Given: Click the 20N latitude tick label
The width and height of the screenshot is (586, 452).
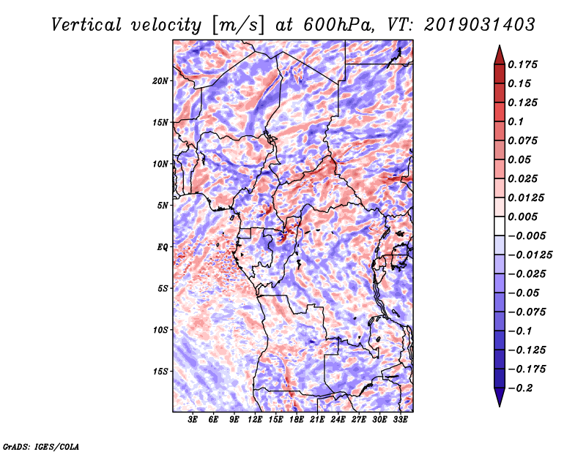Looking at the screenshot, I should point(160,80).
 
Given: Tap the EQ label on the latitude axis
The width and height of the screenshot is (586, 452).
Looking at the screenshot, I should point(163,247).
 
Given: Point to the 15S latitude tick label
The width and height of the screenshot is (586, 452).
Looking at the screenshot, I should point(160,372).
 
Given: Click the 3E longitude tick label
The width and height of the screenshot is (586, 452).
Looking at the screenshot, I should point(193,421).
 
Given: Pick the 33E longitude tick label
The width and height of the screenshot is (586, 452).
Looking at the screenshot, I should point(400,421).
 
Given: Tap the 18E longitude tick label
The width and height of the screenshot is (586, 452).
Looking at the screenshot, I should point(297,421).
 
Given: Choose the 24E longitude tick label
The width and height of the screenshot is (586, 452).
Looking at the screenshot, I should point(338,421).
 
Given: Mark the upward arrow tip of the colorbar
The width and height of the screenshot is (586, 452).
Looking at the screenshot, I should point(499,48).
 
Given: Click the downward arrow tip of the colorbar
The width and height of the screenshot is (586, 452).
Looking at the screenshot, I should point(499,404).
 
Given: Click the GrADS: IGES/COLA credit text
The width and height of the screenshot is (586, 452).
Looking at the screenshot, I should point(41,445).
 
